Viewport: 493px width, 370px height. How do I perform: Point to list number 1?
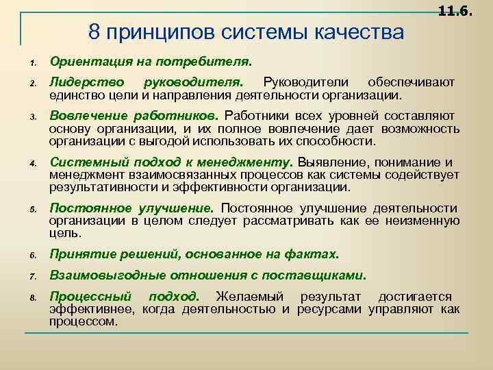pyautogui.click(x=31, y=64)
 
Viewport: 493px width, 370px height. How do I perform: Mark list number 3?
pyautogui.click(x=31, y=117)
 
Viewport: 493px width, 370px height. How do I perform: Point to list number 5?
pyautogui.click(x=31, y=210)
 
